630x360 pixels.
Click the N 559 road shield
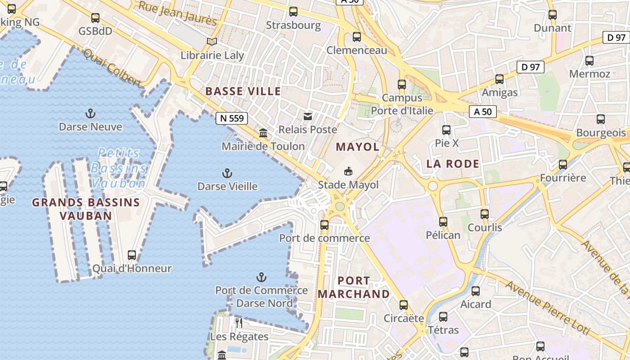[232, 118]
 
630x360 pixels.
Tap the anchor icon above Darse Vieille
[227, 173]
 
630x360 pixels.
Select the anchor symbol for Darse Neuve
[91, 113]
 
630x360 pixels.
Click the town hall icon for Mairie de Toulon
[263, 133]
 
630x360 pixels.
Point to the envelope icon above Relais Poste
[308, 117]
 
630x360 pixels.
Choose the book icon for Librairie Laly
[212, 42]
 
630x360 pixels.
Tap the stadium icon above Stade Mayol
[348, 171]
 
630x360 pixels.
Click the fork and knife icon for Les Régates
[239, 323]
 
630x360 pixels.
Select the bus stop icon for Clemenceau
[357, 37]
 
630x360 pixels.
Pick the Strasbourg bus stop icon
[293, 12]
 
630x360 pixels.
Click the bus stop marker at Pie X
[446, 130]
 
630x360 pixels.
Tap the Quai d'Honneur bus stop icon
[132, 255]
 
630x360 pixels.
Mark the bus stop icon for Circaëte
[404, 305]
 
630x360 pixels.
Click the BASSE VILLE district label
[243, 91]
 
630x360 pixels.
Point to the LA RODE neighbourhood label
[453, 164]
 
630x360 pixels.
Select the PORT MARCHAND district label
[354, 287]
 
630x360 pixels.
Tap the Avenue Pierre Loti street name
[546, 308]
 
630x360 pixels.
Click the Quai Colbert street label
[112, 67]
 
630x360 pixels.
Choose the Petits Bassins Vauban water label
[119, 168]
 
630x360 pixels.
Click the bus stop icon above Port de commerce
[324, 225]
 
